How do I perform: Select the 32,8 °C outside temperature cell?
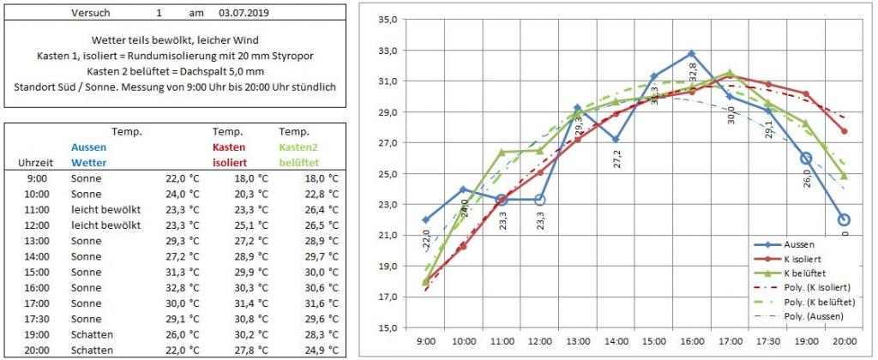[182, 288]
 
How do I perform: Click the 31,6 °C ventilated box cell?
[322, 303]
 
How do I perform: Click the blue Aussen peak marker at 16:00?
[691, 53]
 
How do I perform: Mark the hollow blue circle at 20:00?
[844, 219]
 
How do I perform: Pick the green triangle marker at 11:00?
[502, 152]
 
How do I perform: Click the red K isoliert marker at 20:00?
[844, 131]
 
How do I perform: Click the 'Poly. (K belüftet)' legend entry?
[820, 302]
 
